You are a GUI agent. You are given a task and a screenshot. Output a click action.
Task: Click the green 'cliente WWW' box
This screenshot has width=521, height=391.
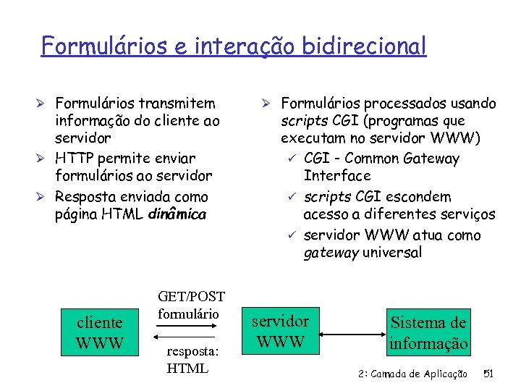[100, 332]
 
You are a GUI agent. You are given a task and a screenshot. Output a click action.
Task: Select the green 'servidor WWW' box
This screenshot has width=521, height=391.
[281, 331]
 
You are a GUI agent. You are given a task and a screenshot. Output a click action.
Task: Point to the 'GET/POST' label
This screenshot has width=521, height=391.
[191, 297]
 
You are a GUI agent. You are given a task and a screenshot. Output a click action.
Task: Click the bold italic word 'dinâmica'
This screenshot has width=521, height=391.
[177, 215]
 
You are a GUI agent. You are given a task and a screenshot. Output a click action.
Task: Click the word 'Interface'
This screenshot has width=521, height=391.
[337, 176]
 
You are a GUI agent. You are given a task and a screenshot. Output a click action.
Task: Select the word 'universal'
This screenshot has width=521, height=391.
[392, 253]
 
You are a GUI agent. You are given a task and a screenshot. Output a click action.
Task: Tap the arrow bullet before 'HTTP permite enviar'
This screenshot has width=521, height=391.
[45, 158]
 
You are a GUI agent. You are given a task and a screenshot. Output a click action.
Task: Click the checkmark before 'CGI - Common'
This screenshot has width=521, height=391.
[292, 158]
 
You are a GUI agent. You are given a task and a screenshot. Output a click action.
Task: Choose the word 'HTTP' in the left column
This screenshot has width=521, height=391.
[74, 158]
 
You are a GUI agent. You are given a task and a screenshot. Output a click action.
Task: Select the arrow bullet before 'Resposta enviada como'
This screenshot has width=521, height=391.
[45, 197]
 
